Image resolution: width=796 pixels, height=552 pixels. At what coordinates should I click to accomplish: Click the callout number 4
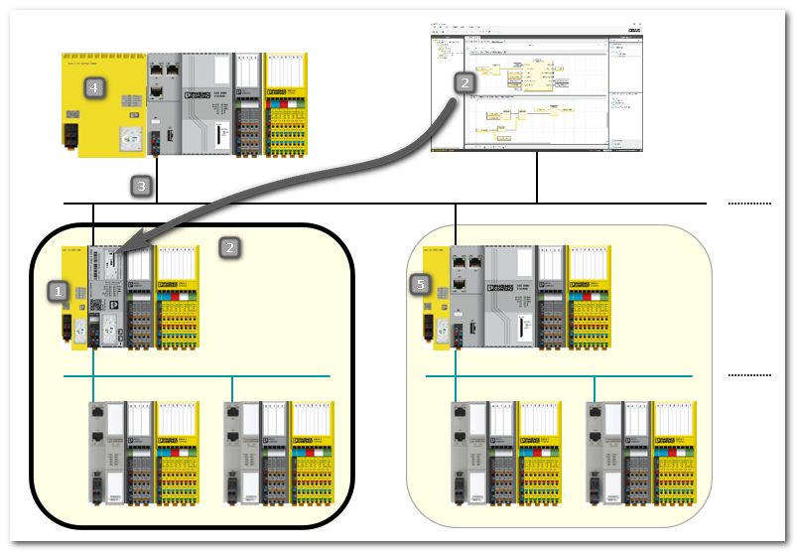(x=93, y=88)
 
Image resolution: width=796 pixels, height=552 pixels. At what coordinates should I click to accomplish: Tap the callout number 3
(x=141, y=185)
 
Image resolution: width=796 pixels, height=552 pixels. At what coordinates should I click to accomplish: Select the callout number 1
(x=59, y=291)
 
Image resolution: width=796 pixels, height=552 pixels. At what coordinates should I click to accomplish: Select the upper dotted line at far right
(x=748, y=204)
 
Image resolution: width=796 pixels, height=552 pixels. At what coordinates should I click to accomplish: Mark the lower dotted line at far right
(x=748, y=375)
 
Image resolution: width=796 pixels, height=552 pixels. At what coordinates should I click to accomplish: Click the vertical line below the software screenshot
(x=537, y=178)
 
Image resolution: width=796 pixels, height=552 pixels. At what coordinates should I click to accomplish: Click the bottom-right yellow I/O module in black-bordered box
(x=311, y=452)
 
